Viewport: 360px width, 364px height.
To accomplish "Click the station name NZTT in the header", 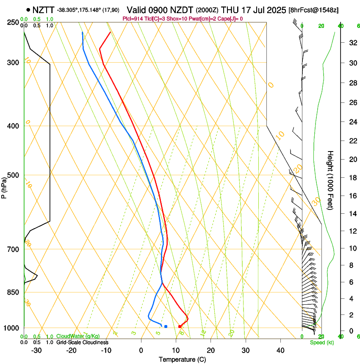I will point(44,10).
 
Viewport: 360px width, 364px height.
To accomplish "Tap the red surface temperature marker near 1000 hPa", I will point(180,326).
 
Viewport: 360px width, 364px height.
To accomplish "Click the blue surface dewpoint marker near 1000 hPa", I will point(166,326).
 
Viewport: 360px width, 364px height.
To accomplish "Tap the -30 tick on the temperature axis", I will point(36,350).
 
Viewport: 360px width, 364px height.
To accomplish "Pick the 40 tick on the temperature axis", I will point(280,350).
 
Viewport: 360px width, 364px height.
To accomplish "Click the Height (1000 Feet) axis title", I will point(330,180).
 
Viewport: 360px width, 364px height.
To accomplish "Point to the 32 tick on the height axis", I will point(352,43).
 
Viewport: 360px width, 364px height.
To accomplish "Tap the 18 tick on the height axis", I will point(352,178).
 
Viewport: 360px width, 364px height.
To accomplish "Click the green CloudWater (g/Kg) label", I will point(78,336).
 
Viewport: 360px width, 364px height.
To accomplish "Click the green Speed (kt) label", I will point(321,342).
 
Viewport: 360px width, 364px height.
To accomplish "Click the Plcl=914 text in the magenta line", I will point(133,19).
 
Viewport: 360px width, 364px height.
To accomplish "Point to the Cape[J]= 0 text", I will point(229,19).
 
